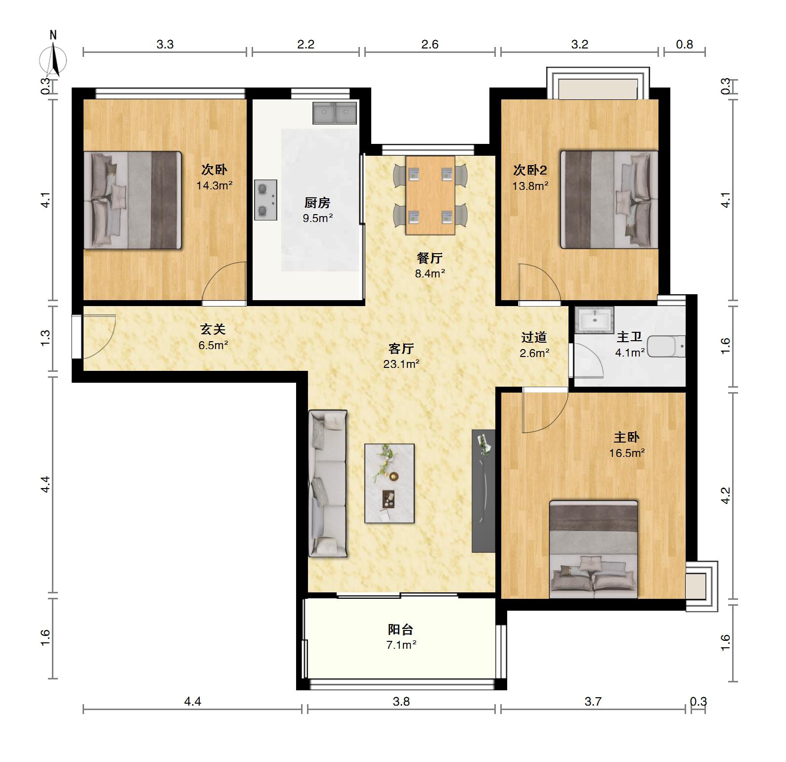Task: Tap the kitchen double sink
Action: point(335,113)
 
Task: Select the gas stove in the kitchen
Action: point(265,200)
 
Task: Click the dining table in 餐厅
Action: point(430,195)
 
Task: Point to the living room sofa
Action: point(327,483)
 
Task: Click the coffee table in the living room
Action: point(390,483)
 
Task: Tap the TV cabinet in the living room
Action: point(483,491)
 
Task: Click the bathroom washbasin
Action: point(594,319)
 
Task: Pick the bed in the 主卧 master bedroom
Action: point(594,549)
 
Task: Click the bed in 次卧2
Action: point(609,199)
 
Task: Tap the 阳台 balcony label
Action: point(400,629)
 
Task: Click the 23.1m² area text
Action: point(401,364)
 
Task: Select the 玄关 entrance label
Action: point(213,329)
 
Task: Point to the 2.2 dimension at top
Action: point(306,45)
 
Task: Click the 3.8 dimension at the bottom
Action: point(401,701)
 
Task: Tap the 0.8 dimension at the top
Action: point(685,45)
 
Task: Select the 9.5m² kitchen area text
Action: point(318,218)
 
